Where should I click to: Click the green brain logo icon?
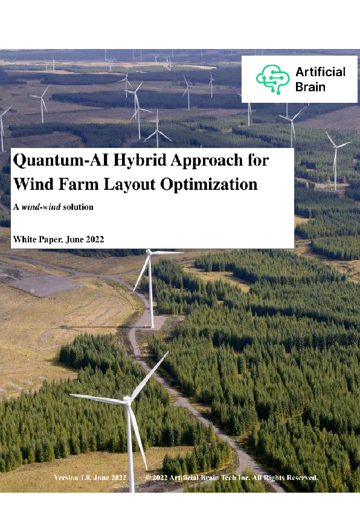click(272, 79)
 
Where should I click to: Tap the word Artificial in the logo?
click(320, 72)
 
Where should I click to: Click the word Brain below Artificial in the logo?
click(310, 86)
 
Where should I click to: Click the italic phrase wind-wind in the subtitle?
click(40, 207)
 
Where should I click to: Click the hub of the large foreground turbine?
click(128, 400)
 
